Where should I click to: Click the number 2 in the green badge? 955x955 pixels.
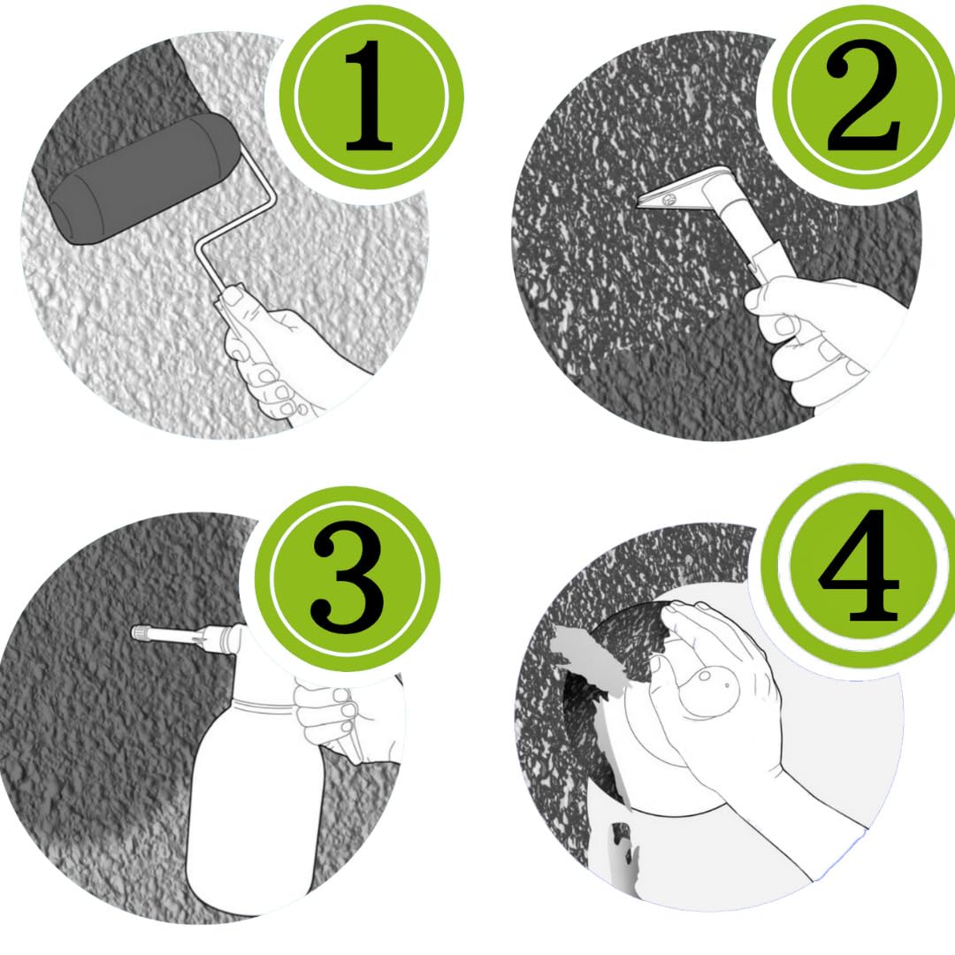click(x=863, y=97)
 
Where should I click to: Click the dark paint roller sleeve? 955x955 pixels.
click(x=145, y=178)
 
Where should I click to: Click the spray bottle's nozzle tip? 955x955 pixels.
click(x=138, y=633)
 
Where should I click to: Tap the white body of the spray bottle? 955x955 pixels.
click(x=256, y=810)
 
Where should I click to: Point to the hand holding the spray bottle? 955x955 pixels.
click(x=341, y=719)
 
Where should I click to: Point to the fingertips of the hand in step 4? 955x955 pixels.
click(x=682, y=609)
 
